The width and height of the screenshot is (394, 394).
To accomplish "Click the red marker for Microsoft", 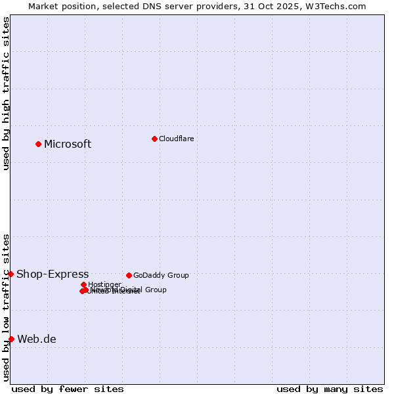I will (x=38, y=144).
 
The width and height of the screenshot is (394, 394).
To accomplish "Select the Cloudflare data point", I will (x=154, y=139).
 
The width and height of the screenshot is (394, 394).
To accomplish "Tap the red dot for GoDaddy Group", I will (x=129, y=275).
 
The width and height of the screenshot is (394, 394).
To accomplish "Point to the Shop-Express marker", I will (x=11, y=274).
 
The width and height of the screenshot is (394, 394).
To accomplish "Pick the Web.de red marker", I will (x=11, y=339).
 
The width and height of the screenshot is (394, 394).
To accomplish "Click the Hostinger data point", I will (x=83, y=284).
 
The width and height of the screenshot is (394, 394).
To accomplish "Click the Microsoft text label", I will (x=68, y=144).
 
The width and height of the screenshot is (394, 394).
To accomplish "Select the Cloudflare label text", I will (x=176, y=139).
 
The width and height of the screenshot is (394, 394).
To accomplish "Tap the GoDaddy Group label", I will (x=161, y=276).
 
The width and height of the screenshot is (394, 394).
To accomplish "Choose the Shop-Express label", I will (x=53, y=274).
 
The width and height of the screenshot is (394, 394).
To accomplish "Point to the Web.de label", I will (x=37, y=339).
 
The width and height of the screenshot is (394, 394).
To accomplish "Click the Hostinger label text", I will (x=104, y=285).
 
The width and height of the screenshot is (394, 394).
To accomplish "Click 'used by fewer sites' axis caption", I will (x=68, y=389).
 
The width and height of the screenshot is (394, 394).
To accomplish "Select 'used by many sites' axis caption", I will (x=330, y=389).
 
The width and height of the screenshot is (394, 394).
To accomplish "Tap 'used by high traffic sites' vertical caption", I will (x=6, y=93).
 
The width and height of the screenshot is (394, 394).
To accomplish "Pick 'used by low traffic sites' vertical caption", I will (x=6, y=307).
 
